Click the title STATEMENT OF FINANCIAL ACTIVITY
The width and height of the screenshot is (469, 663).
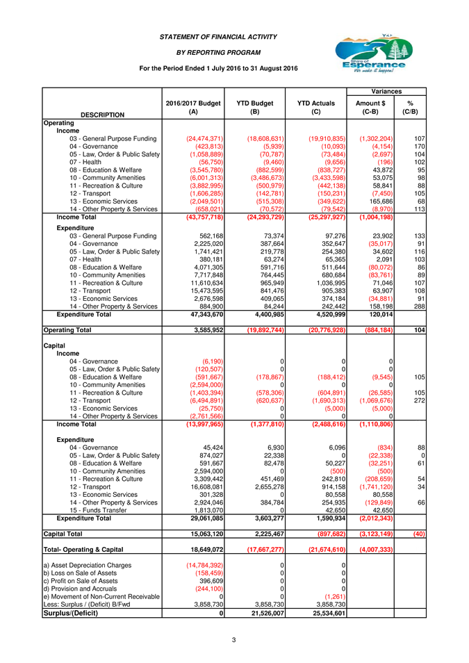click(x=218, y=36)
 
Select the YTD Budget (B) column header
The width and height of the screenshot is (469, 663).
click(x=255, y=107)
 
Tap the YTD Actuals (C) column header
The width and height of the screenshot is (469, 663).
click(x=315, y=107)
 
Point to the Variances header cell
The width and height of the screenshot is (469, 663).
click(x=386, y=91)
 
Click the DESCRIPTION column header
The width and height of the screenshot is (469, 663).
click(x=103, y=115)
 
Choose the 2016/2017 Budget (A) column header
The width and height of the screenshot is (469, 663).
click(x=193, y=107)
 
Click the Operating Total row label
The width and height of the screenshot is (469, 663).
click(x=67, y=329)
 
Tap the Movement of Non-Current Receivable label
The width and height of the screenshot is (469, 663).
click(x=101, y=597)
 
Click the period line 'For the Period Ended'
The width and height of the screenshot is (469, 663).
click(x=218, y=68)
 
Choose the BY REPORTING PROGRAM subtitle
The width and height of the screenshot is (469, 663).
click(x=218, y=52)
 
